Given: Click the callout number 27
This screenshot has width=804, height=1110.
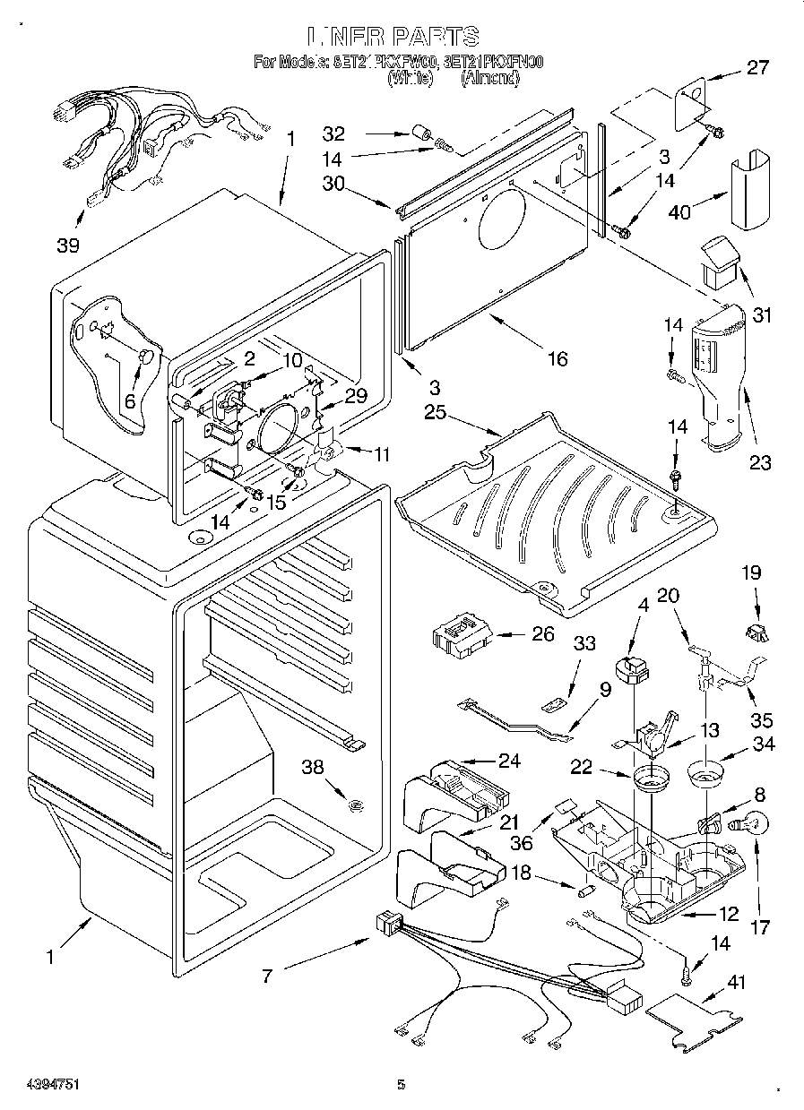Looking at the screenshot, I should click(758, 67).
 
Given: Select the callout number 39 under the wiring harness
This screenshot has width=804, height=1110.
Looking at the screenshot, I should click(67, 245).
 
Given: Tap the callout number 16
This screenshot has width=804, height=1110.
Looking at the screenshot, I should click(558, 358).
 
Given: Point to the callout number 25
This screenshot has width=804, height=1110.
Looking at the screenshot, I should click(436, 413).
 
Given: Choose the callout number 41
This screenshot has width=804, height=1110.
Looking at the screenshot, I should click(736, 982).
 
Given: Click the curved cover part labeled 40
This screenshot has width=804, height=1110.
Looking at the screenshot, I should click(751, 190).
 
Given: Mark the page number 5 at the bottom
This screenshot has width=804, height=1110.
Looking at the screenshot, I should click(402, 1085).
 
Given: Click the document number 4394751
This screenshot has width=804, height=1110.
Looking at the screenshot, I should click(42, 1085).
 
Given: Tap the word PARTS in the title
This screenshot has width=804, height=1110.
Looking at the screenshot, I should click(435, 38).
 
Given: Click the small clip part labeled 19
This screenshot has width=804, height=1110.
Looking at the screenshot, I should click(756, 632).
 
